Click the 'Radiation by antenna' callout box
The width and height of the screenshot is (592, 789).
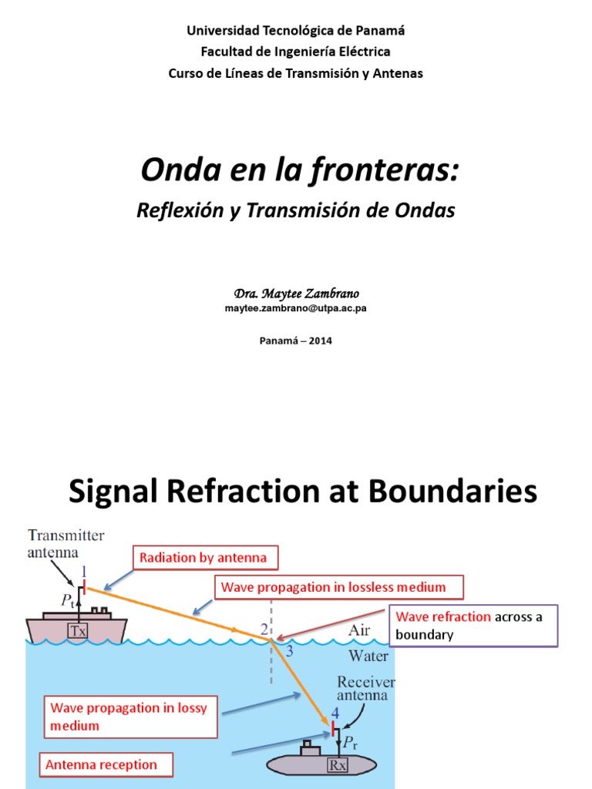203,558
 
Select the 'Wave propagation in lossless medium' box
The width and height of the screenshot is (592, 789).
333,587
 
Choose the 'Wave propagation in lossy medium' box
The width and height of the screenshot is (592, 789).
129,717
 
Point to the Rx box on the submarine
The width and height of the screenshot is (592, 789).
338,766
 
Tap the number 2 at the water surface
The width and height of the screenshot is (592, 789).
264,630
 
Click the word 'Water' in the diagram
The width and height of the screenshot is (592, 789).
368,656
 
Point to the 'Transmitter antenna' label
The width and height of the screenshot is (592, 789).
66,543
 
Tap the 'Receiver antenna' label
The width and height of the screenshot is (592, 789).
367,690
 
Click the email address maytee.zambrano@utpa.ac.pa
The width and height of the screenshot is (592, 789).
295,308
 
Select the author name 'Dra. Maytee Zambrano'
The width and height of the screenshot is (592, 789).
296,294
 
